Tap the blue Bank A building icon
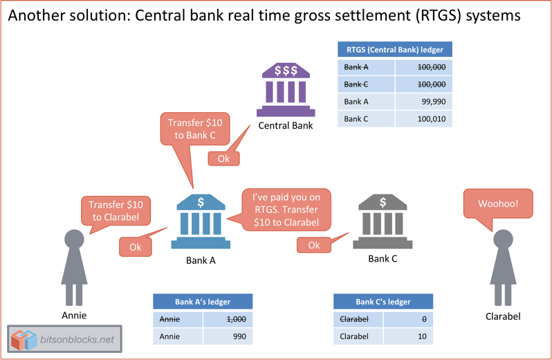pos(201,221)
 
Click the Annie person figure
pos(74,267)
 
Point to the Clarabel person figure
pos(503,267)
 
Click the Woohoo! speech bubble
pos(498,204)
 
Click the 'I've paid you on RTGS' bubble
pos(286,209)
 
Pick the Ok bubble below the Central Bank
pos(223,159)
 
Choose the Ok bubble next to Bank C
pos(313,245)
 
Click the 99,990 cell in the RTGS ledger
pos(423,102)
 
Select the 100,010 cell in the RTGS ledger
pos(423,119)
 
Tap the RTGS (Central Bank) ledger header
pos(394,49)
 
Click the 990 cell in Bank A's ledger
pos(228,336)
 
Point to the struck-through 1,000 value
pos(228,319)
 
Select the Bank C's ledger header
pos(383,302)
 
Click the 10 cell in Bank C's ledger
pos(407,336)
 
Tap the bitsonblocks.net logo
pos(64,340)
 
